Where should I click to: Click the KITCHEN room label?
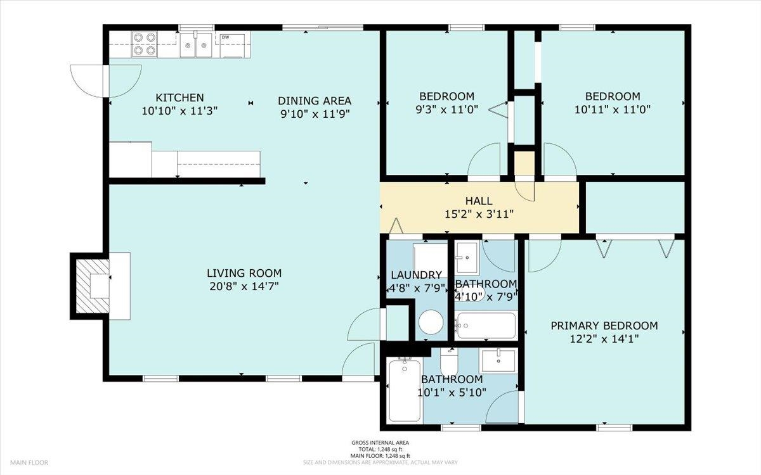click(x=179, y=98)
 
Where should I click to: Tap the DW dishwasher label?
click(x=225, y=37)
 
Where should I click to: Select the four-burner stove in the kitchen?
click(x=145, y=44)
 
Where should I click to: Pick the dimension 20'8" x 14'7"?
click(x=244, y=287)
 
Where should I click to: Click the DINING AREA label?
click(x=315, y=101)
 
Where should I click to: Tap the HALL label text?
click(x=479, y=201)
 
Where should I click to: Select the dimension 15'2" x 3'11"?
click(x=479, y=215)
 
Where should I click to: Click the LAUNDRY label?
click(x=417, y=275)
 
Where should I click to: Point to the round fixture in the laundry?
click(x=431, y=322)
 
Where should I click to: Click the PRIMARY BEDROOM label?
click(x=604, y=326)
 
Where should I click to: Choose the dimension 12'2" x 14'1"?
click(x=604, y=339)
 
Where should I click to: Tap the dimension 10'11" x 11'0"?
click(x=613, y=110)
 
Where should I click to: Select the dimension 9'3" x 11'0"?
click(x=446, y=110)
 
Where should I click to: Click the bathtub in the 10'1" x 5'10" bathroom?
click(x=405, y=390)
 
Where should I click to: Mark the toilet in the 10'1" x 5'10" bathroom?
click(x=449, y=361)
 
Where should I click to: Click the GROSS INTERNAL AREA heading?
click(x=380, y=443)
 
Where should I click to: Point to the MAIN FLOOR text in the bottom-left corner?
click(x=29, y=462)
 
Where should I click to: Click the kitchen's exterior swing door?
click(x=106, y=81)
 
